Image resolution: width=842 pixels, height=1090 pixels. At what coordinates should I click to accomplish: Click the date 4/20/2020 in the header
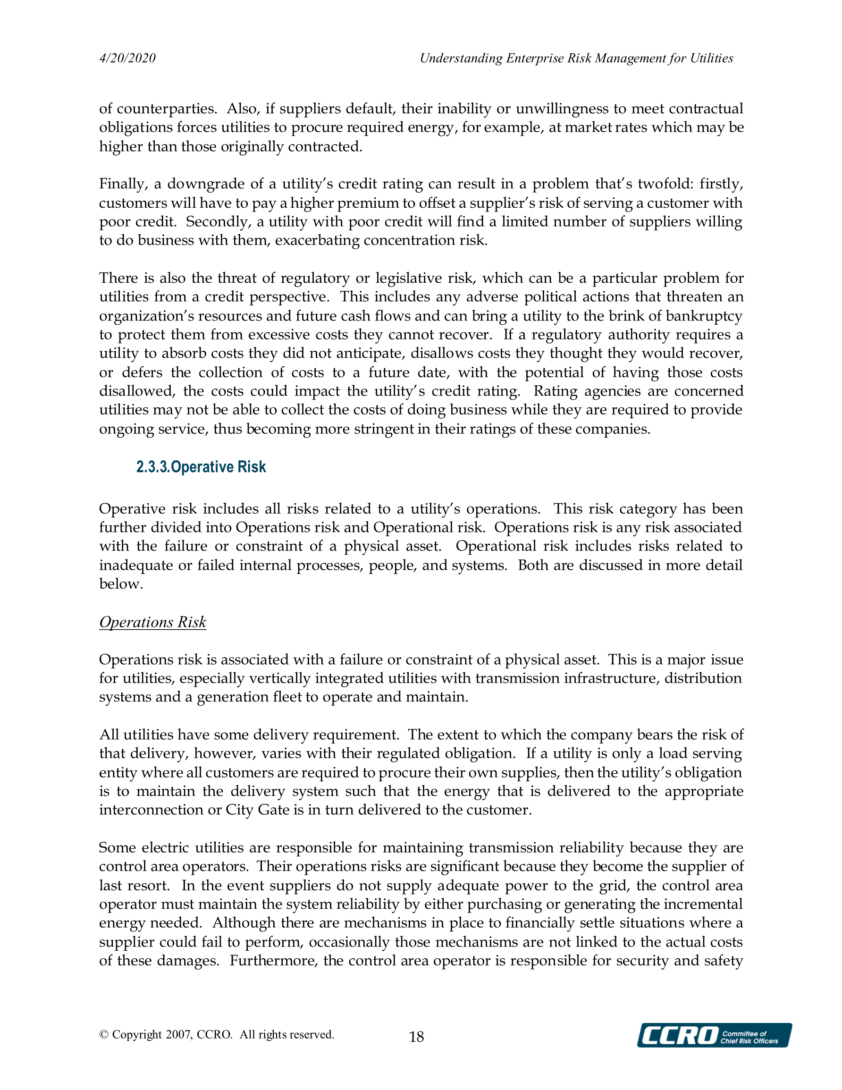pos(127,59)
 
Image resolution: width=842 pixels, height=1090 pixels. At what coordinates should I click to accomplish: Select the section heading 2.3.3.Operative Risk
pos(201,467)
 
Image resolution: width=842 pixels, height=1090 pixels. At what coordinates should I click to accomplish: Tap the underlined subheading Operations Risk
pos(153,622)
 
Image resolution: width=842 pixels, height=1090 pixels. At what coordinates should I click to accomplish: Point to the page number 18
pos(416,1037)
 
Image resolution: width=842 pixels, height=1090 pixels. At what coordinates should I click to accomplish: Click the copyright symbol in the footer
pos(104,1034)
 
